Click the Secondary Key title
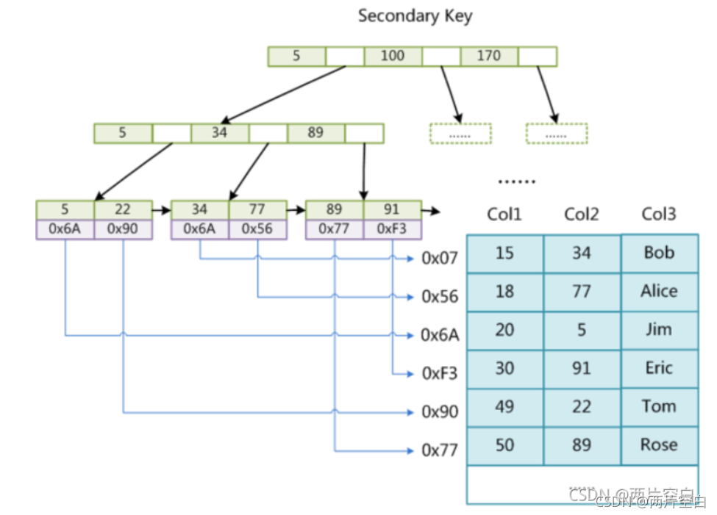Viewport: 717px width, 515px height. [x=415, y=16]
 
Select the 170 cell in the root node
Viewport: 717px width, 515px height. [x=489, y=56]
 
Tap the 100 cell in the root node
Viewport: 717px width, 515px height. [x=393, y=56]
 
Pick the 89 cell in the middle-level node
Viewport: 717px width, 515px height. [x=315, y=133]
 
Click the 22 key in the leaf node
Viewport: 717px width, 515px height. [x=123, y=209]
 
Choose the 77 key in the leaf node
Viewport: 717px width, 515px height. [x=257, y=209]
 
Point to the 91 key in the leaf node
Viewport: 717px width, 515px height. [x=392, y=209]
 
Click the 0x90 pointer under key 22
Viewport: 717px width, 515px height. [x=123, y=229]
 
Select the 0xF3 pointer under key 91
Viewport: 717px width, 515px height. [x=392, y=229]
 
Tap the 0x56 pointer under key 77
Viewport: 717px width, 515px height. [x=257, y=229]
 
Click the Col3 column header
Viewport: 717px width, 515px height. [x=658, y=214]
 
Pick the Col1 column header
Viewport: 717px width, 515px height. [x=504, y=215]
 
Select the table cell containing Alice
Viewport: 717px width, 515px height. [x=659, y=291]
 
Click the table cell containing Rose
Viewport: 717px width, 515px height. [x=659, y=444]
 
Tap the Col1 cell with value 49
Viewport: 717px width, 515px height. [x=504, y=406]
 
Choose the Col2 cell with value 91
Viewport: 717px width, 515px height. [x=581, y=368]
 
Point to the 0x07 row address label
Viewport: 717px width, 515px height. [x=440, y=259]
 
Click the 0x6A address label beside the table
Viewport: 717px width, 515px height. [x=440, y=336]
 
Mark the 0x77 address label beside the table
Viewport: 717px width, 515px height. [x=440, y=450]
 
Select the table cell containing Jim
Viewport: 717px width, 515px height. [x=659, y=330]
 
